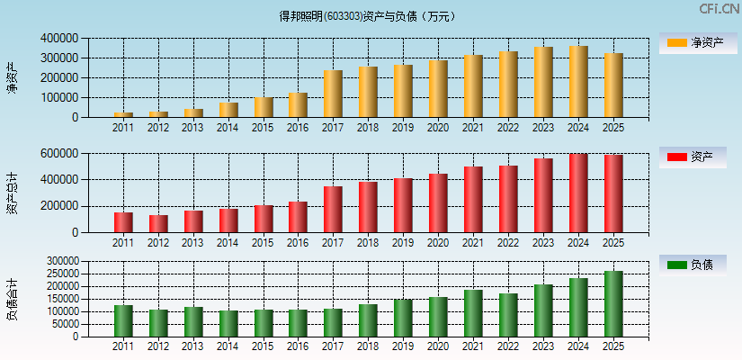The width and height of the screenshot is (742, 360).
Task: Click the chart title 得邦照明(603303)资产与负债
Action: pos(368,16)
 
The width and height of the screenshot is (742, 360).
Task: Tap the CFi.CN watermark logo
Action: pos(719,9)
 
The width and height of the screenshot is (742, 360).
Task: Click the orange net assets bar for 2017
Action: pos(333,94)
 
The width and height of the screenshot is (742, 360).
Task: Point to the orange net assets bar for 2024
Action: pos(578,82)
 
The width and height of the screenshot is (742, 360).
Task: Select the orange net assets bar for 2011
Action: pos(123,114)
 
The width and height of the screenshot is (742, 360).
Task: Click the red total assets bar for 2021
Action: pos(473,200)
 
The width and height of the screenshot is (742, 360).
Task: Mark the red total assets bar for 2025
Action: pos(613,193)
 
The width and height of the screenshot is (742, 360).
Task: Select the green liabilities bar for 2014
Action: pos(228,324)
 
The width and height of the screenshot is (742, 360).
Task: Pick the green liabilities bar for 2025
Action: pos(613,304)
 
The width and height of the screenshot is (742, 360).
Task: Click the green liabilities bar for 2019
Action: pos(403,318)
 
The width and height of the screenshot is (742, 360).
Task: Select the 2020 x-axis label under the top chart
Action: pos(438,128)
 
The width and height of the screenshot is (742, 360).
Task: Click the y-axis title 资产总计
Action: pos(12,193)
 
